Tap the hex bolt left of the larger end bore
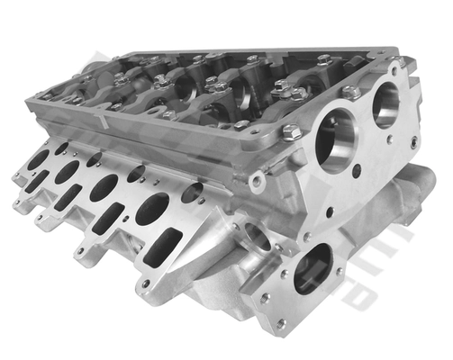[x=290, y=133]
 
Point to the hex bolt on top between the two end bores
[x=351, y=91]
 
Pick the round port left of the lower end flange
[x=256, y=236]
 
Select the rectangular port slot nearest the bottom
[x=164, y=247]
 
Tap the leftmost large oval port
[x=39, y=159]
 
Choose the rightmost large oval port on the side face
[x=152, y=209]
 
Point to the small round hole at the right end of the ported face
[x=192, y=192]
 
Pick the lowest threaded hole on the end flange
[x=281, y=322]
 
